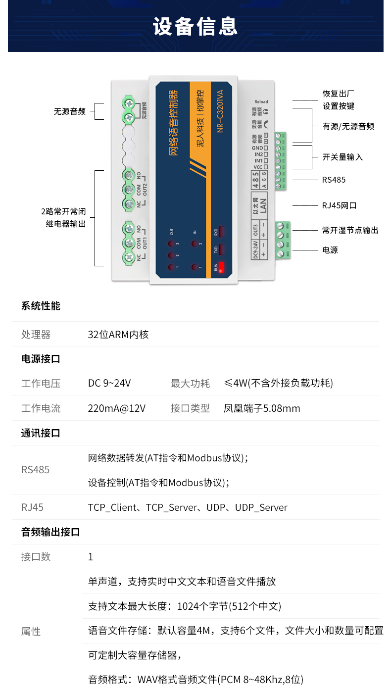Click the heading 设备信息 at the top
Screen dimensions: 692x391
[195, 26]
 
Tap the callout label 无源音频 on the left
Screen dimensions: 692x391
[70, 111]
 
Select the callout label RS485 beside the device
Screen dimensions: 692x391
[334, 180]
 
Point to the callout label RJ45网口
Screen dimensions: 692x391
[339, 205]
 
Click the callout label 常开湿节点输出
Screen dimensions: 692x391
[350, 230]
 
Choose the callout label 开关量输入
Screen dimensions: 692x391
[342, 157]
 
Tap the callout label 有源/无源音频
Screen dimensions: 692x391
[348, 126]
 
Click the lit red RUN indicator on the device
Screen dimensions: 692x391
[220, 267]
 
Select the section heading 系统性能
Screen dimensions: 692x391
[41, 306]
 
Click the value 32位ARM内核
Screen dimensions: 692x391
[118, 335]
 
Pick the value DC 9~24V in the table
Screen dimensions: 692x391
[109, 383]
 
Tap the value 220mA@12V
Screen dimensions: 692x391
[117, 408]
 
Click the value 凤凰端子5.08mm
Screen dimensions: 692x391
[262, 408]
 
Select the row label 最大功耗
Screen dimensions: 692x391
[190, 383]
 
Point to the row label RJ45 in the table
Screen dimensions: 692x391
[32, 507]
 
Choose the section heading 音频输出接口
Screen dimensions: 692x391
[50, 532]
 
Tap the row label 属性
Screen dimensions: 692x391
[31, 632]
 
